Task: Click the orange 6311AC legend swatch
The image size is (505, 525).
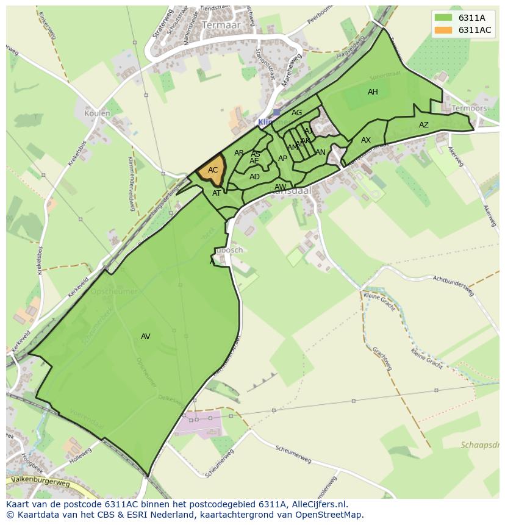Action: point(443,30)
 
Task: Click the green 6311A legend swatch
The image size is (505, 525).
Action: point(443,18)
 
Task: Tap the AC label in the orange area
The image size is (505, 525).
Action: point(213,170)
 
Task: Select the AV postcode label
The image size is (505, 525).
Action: point(146,336)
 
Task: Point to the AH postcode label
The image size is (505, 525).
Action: point(373,92)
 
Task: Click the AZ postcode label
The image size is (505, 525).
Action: point(424,125)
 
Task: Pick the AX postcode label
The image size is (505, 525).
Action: point(366,140)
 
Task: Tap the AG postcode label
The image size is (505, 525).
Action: point(297,113)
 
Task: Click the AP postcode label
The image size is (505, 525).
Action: point(282,159)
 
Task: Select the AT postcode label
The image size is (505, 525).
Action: point(217,193)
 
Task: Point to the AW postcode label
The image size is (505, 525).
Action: point(280,187)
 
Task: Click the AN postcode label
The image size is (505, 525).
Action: point(321,152)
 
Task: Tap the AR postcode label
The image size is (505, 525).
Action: point(239,153)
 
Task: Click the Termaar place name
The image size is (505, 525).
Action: point(221,26)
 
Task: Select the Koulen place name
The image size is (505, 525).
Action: point(98,113)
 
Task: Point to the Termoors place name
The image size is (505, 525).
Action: point(469,109)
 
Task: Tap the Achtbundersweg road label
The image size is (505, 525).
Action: point(453,284)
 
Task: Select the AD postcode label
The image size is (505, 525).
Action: point(254,177)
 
